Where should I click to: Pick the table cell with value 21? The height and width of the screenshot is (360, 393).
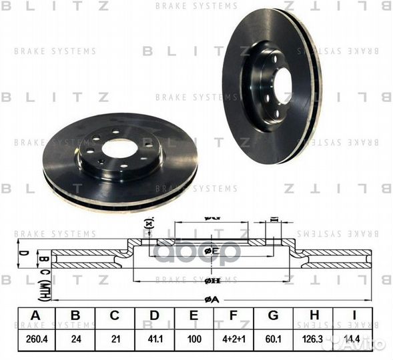[115, 339]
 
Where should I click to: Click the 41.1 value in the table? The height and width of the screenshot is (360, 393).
[155, 339]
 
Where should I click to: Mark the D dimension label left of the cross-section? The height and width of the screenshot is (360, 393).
[21, 253]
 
